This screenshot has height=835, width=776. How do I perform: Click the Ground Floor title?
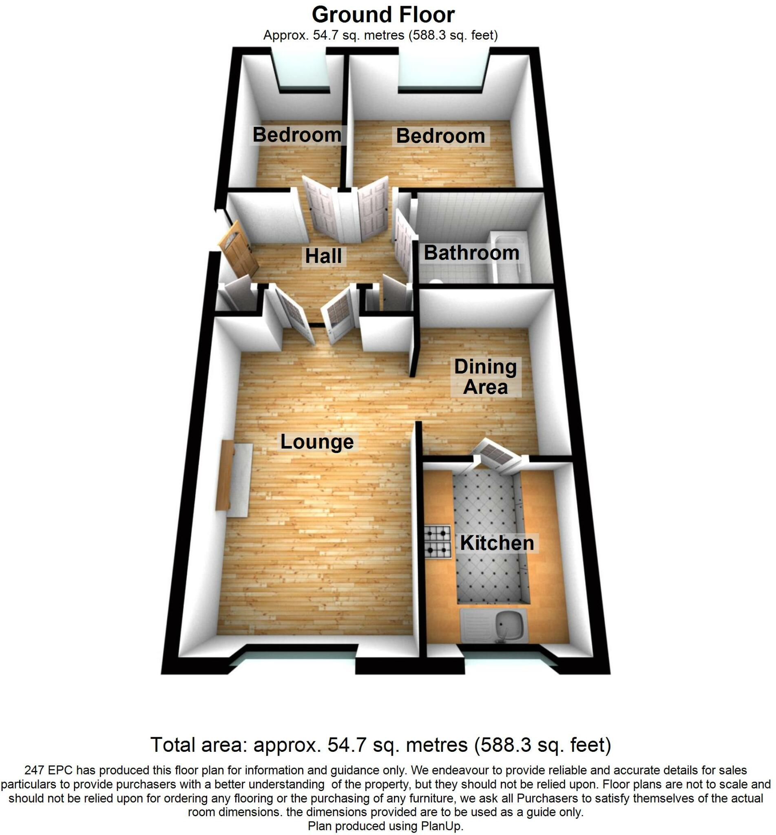[383, 15]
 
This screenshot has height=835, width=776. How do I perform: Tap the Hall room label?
[323, 256]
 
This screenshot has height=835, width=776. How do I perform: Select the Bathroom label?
[471, 253]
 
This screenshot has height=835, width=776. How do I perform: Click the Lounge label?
[317, 442]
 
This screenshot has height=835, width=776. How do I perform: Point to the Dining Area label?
[485, 377]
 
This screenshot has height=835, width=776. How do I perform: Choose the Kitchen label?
[497, 543]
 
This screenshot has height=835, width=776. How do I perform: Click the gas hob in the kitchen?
[437, 542]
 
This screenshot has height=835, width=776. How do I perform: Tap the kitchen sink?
[509, 627]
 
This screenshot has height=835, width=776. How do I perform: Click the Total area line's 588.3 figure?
[500, 745]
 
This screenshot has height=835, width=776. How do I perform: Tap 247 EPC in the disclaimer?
[48, 770]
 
